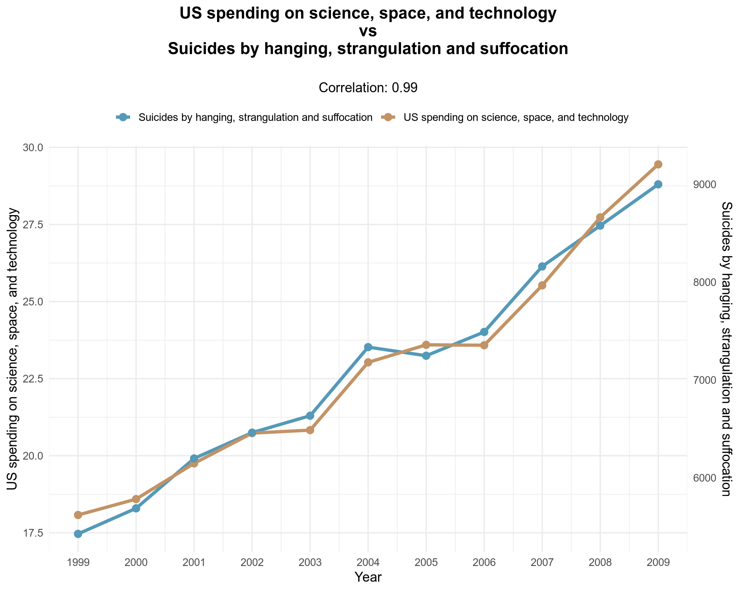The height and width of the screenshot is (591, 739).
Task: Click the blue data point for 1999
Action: (78, 534)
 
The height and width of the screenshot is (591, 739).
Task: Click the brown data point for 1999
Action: (78, 515)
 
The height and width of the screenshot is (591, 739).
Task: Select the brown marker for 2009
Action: (658, 164)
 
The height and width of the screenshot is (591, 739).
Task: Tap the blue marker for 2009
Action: (658, 184)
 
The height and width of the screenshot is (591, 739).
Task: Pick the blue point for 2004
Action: (368, 347)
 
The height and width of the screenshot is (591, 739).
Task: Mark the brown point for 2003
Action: (310, 430)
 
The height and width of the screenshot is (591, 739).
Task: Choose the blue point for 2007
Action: (542, 266)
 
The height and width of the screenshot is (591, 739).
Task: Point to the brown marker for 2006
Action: (484, 345)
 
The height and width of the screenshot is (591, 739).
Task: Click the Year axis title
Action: (368, 577)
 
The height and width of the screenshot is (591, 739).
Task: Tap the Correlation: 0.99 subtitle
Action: (368, 88)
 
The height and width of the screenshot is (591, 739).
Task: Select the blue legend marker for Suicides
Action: (123, 117)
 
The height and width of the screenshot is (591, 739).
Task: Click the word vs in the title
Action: (368, 32)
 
